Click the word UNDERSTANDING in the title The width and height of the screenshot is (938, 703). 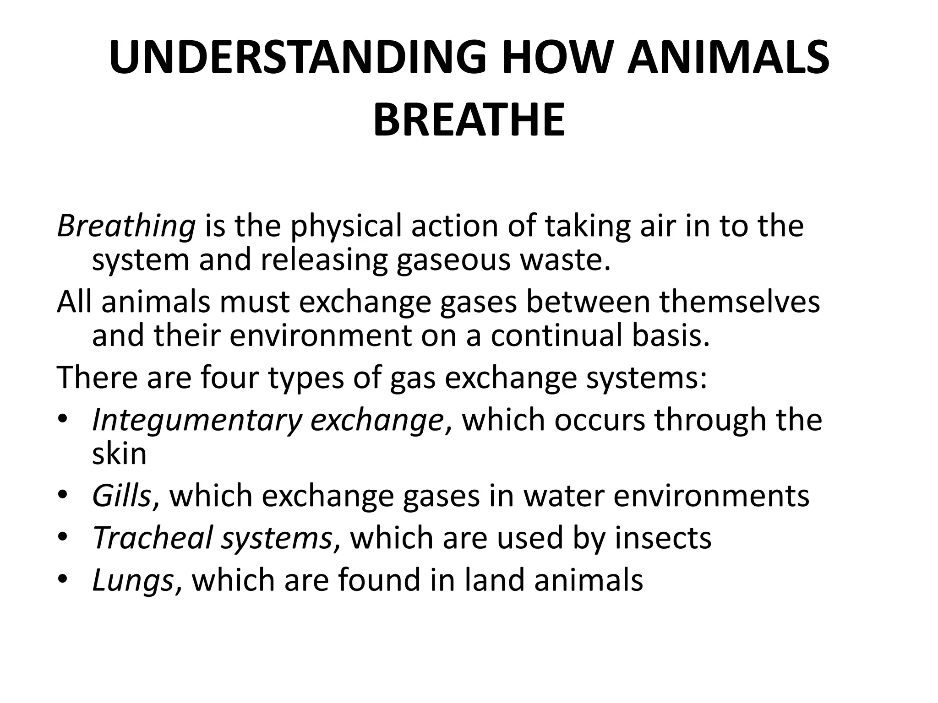click(x=297, y=59)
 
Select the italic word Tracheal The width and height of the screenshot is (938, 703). click(x=153, y=538)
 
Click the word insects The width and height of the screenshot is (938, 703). click(x=663, y=538)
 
